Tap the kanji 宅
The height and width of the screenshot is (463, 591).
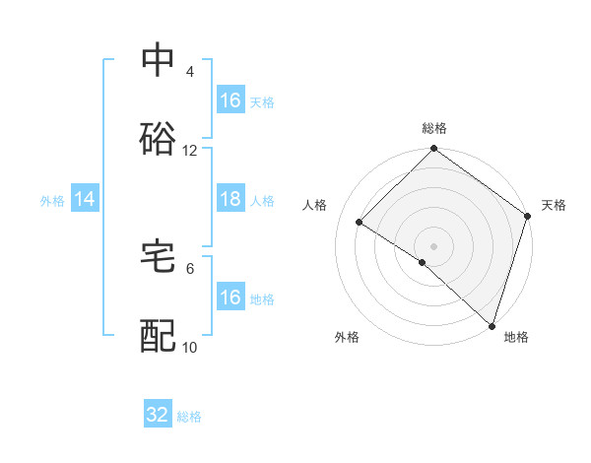pos(159,255)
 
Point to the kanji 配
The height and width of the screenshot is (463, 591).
pos(159,335)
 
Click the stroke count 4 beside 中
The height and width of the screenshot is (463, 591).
pos(190,72)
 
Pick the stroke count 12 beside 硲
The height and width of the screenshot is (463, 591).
pos(190,151)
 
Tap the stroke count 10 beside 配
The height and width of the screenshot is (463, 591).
pos(190,347)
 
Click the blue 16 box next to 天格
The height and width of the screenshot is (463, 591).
pos(230,100)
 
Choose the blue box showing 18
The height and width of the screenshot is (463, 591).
pos(230,199)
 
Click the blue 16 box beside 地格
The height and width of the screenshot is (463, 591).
pos(230,298)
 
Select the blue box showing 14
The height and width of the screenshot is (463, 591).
pos(85,199)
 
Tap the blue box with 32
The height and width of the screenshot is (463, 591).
pos(158,415)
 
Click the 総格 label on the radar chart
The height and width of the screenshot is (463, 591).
pos(434,128)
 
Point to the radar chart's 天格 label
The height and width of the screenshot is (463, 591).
pos(554,205)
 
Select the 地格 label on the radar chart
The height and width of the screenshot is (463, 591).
pos(516,337)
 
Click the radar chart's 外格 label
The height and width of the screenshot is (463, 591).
pos(347,337)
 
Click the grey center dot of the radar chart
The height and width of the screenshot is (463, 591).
pos(434,245)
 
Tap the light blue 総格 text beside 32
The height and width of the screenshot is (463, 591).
pos(189,417)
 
